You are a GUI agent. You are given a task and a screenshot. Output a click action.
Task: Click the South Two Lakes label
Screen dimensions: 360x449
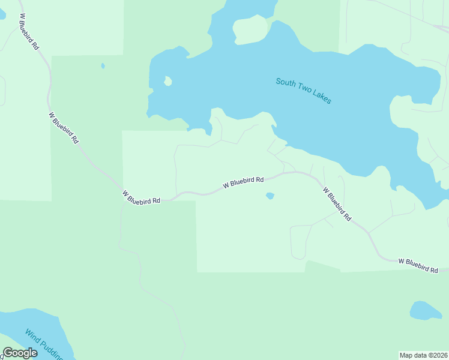pyautogui.click(x=303, y=91)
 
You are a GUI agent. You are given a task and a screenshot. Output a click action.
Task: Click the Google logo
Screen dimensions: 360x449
pyautogui.click(x=20, y=353)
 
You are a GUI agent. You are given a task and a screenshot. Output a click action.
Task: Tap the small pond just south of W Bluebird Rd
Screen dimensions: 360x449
pyautogui.click(x=270, y=196)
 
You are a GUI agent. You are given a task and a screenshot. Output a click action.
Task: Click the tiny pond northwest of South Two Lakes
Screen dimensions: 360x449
pyautogui.click(x=103, y=65)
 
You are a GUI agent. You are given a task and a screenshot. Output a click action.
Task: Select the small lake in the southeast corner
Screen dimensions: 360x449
pyautogui.click(x=425, y=310)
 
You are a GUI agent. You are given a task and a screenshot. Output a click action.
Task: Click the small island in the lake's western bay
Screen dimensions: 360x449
pyautogui.click(x=167, y=81)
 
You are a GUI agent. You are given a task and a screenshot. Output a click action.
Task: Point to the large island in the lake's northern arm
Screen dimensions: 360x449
pyautogui.click(x=250, y=29)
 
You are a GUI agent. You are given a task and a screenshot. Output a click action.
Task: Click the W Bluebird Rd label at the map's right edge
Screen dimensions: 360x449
pyautogui.click(x=418, y=265)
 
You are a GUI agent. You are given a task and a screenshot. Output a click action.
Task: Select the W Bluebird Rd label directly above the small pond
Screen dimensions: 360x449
pyautogui.click(x=243, y=182)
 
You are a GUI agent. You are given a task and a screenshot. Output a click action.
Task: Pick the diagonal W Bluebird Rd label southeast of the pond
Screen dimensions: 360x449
pyautogui.click(x=337, y=204)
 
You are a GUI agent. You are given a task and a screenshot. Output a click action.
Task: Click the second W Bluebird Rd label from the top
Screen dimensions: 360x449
pyautogui.click(x=64, y=128)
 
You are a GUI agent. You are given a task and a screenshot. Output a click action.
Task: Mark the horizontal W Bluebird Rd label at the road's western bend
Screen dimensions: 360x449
pyautogui.click(x=141, y=197)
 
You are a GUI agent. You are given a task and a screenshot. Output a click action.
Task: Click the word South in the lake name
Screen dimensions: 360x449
pyautogui.click(x=286, y=83)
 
